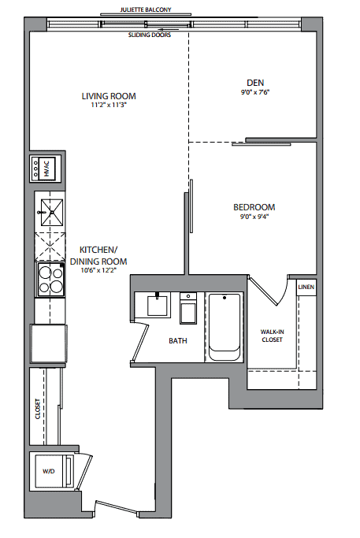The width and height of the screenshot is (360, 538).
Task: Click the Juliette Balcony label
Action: coord(146,9)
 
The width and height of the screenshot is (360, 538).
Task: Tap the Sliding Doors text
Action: coord(150,35)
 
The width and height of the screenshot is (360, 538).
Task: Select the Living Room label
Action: coord(109,96)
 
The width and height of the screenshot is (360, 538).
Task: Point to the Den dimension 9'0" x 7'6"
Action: coord(255,92)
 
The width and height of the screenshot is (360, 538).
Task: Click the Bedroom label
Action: coord(254,207)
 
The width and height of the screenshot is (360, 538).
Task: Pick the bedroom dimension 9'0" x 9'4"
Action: coord(254,217)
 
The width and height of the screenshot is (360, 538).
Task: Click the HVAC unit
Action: coord(46,168)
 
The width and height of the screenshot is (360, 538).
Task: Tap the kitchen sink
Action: coord(52,213)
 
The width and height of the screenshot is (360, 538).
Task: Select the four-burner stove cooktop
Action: coord(50,280)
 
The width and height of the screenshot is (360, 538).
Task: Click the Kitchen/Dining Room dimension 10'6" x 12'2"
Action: coord(98,270)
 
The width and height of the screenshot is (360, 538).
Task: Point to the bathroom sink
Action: coord(158,305)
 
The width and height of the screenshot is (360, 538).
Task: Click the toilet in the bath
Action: coord(188,308)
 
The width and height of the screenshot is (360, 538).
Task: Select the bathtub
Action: coord(225,327)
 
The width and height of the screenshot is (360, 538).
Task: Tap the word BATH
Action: coord(178,341)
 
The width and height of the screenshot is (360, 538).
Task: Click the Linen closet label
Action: coord(306,287)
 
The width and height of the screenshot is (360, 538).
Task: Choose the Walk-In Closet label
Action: coord(272,336)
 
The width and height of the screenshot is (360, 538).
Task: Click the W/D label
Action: coord(48,471)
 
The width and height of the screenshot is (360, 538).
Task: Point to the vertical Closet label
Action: coord(38,409)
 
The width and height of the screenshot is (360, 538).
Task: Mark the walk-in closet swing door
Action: coord(264,291)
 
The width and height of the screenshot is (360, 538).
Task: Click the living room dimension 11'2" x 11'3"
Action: coord(109,105)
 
